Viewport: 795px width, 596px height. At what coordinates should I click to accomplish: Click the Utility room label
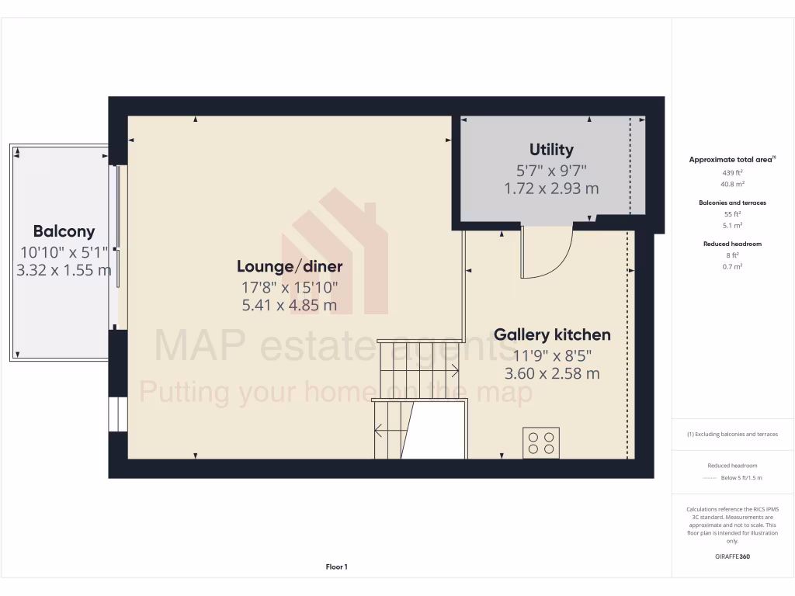tap(551, 150)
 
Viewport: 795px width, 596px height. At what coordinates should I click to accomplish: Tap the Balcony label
tap(64, 231)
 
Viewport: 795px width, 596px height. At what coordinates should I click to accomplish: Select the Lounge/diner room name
tap(290, 267)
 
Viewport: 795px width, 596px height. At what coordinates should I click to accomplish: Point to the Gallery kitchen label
tap(552, 335)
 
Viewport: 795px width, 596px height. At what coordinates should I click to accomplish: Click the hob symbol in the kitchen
tap(541, 442)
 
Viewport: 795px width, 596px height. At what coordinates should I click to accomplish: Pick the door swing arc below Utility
tap(548, 252)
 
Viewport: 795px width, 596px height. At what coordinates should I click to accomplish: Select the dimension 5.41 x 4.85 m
tap(290, 305)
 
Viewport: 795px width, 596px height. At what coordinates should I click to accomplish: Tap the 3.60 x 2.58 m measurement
tap(552, 373)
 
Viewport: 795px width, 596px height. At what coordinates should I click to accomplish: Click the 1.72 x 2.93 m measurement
tap(551, 189)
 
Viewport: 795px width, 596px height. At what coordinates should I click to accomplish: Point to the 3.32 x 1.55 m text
tap(64, 270)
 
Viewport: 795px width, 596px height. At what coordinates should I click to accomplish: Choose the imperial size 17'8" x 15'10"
tap(290, 286)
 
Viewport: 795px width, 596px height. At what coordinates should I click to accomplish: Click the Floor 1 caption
tap(336, 567)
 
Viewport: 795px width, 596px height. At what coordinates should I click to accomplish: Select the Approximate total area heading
tap(732, 159)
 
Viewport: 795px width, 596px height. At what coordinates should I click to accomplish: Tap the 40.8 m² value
tap(732, 184)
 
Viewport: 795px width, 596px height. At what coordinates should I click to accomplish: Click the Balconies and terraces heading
tap(732, 203)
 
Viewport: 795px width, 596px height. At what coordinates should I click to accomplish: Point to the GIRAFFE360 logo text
tap(732, 556)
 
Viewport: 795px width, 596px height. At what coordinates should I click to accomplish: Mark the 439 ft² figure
tap(732, 173)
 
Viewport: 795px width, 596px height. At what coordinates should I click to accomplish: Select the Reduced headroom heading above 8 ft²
tap(732, 244)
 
